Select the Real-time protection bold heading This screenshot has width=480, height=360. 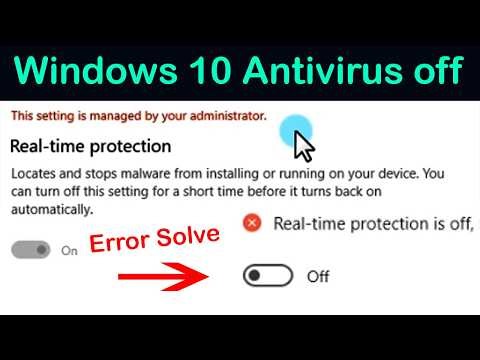pyautogui.click(x=78, y=147)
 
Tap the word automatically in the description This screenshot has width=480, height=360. pyautogui.click(x=50, y=210)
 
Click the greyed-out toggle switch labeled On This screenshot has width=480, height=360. pyautogui.click(x=31, y=250)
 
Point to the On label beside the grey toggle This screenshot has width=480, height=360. pyautogui.click(x=69, y=251)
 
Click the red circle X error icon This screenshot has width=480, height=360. pyautogui.click(x=252, y=224)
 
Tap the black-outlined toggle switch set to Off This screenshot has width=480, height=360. pyautogui.click(x=267, y=276)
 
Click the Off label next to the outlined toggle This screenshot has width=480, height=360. pyautogui.click(x=318, y=277)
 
